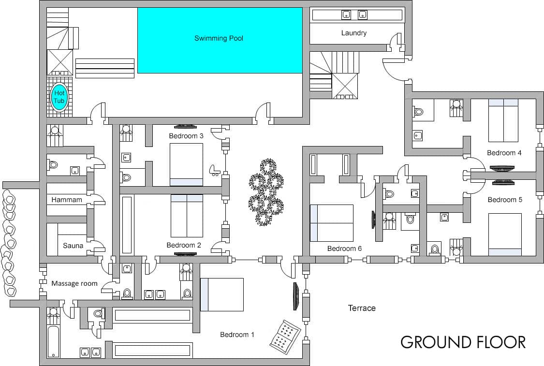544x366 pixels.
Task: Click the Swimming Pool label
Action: pyautogui.click(x=219, y=38)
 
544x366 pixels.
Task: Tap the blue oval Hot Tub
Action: pyautogui.click(x=59, y=97)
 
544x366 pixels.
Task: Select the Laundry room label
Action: pyautogui.click(x=353, y=33)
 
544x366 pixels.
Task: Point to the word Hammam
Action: pyautogui.click(x=67, y=200)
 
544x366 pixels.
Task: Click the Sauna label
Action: pyautogui.click(x=73, y=246)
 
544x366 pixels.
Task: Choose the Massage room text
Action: pyautogui.click(x=74, y=283)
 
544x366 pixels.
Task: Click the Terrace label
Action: pyautogui.click(x=362, y=308)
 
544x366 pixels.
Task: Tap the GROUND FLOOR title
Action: pyautogui.click(x=463, y=342)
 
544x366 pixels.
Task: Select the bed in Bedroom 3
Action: pyautogui.click(x=186, y=165)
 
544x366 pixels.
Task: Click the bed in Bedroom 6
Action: pyautogui.click(x=331, y=223)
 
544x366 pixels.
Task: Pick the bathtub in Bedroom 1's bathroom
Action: pyautogui.click(x=53, y=341)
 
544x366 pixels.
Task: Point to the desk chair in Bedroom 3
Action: pyautogui.click(x=214, y=170)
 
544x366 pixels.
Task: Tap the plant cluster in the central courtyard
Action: pyautogui.click(x=266, y=192)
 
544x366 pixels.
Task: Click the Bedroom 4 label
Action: pyautogui.click(x=504, y=153)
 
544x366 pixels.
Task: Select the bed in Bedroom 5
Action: pyautogui.click(x=505, y=234)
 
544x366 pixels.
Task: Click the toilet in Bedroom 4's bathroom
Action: pyautogui.click(x=418, y=112)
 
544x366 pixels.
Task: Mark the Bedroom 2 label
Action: pyautogui.click(x=184, y=245)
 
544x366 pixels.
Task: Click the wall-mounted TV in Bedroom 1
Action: pyautogui.click(x=295, y=296)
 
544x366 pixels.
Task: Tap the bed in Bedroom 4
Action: pyautogui.click(x=503, y=120)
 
